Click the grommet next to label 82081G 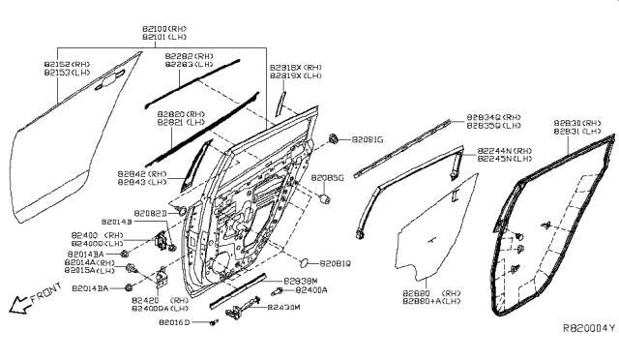pos(335,139)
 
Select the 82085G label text pos(328,178)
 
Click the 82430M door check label pos(285,307)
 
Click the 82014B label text pos(116,222)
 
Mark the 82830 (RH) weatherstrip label pos(579,123)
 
